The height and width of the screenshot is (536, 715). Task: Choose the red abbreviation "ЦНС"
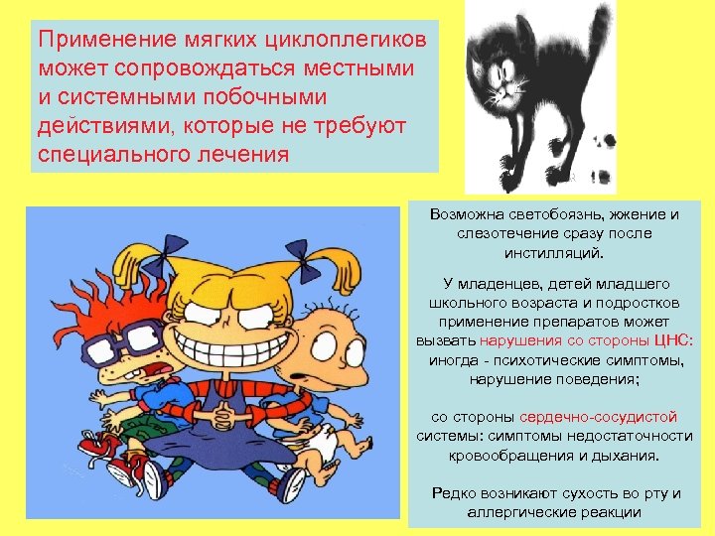[674, 340]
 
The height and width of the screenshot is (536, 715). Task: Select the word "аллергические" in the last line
[517, 512]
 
